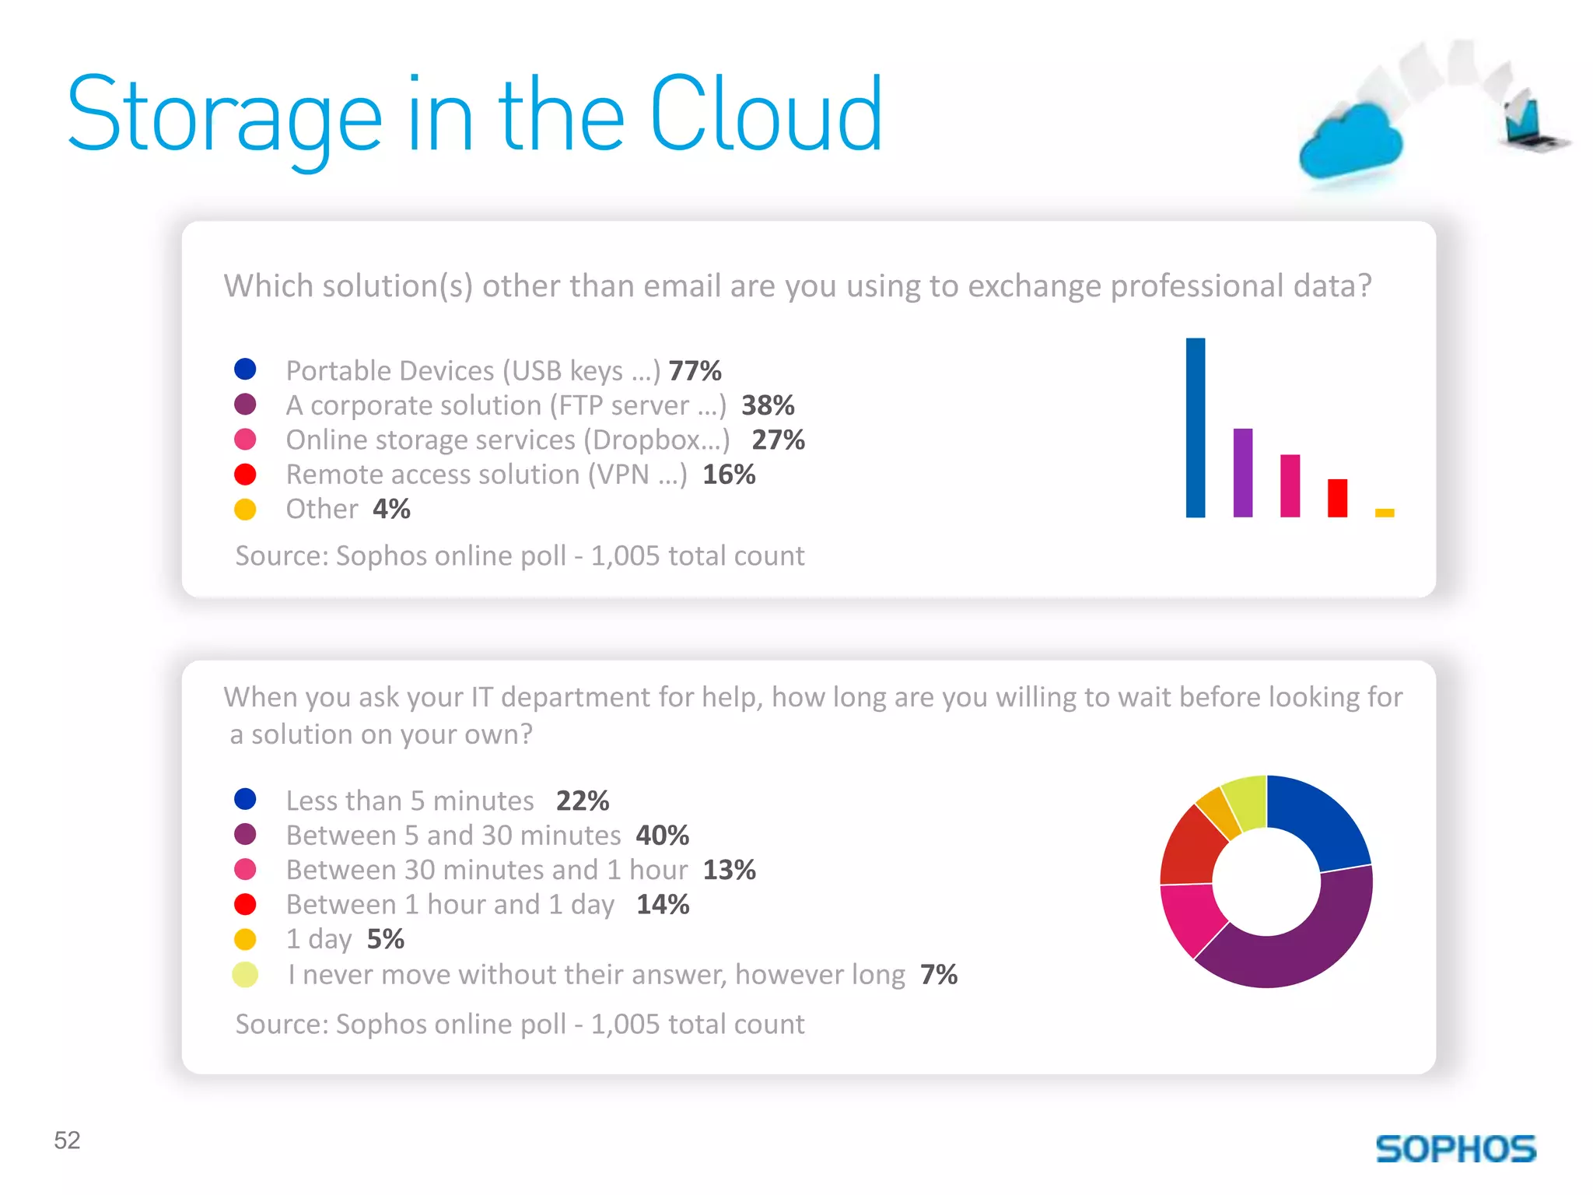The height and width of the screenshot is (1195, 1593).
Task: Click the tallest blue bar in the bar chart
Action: [1195, 428]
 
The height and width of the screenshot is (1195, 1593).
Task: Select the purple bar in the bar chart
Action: [1242, 473]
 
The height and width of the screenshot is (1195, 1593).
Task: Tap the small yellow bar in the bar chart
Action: [1385, 513]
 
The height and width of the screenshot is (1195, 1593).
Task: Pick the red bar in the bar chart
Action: [1337, 498]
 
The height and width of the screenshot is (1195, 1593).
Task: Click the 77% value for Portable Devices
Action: [695, 371]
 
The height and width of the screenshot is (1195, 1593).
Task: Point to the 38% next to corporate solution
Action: [768, 405]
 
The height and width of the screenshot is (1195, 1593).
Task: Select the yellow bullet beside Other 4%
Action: [245, 510]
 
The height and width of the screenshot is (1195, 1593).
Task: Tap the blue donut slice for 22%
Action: [1315, 821]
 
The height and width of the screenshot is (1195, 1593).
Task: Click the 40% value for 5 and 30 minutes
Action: [662, 836]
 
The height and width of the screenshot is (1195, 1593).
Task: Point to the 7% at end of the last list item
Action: [938, 975]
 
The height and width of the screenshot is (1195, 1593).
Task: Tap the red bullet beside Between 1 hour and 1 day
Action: [245, 905]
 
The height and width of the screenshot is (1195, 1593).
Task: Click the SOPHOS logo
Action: [1455, 1149]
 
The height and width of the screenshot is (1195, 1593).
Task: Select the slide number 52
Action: [67, 1141]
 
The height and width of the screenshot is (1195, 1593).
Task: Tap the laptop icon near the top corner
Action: [1528, 124]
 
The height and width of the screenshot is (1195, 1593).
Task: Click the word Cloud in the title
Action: [766, 115]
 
